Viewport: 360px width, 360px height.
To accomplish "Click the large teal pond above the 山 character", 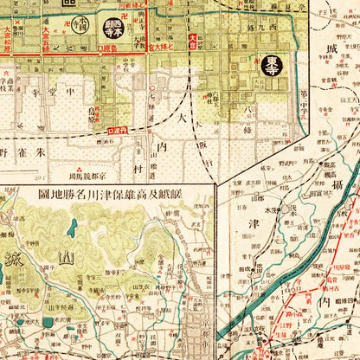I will [x=69, y=229].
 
